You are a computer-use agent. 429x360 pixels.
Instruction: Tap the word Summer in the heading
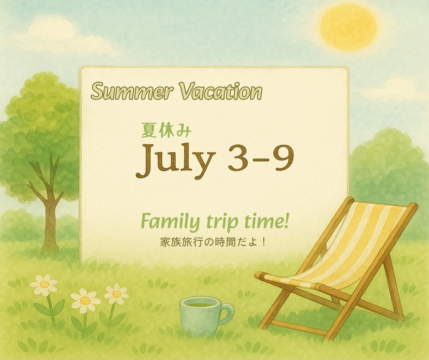(132, 91)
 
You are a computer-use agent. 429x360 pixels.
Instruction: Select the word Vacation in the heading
(220, 91)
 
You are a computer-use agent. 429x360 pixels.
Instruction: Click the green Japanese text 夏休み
(166, 130)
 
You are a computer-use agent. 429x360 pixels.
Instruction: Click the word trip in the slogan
(218, 222)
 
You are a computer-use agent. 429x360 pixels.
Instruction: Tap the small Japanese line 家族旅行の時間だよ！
(212, 242)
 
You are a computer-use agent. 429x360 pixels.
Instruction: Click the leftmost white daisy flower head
(44, 284)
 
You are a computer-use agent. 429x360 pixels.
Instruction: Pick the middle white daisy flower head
(85, 301)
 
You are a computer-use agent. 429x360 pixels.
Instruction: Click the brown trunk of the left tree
(50, 219)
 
